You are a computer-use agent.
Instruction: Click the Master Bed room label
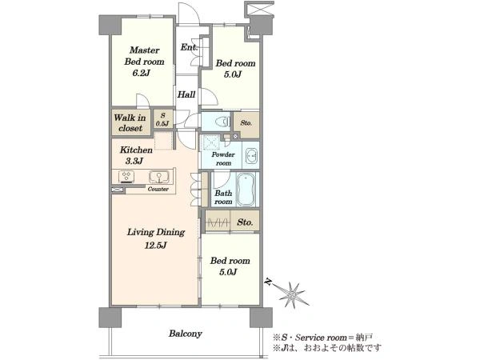144,56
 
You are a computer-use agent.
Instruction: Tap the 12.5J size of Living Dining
155,246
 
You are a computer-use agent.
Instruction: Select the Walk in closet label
130,122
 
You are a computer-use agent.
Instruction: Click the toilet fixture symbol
222,122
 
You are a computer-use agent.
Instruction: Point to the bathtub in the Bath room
246,190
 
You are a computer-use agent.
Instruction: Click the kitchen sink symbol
159,177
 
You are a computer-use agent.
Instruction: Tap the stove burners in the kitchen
126,177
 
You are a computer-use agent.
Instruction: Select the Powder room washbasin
252,156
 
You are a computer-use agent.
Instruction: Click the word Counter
158,189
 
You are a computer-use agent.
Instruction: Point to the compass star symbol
293,294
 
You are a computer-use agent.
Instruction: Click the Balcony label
186,334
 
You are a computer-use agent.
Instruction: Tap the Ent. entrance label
189,47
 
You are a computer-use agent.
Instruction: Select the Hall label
186,94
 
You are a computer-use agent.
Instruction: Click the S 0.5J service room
162,119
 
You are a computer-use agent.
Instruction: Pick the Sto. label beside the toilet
246,123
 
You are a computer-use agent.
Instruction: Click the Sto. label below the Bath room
245,222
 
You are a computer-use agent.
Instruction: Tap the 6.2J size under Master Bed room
142,73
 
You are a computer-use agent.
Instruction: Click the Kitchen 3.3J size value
134,161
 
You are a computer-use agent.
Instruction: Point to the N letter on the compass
269,282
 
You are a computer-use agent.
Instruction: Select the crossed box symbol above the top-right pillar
259,8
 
